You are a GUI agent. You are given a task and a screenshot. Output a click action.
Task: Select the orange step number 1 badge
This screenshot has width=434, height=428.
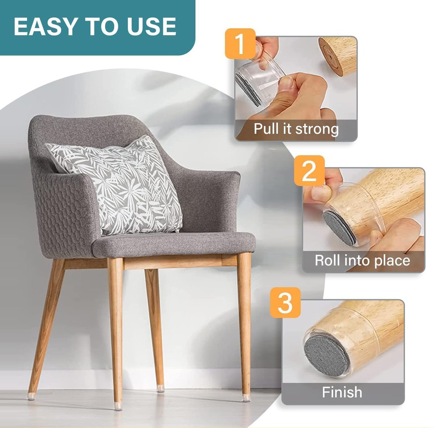[x=240, y=44]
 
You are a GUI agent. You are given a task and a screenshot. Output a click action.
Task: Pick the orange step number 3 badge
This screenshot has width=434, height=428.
[x=285, y=302]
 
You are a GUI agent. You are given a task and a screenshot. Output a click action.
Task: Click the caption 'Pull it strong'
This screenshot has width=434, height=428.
[x=296, y=129]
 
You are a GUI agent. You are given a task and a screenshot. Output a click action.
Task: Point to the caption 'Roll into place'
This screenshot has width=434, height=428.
[x=362, y=261]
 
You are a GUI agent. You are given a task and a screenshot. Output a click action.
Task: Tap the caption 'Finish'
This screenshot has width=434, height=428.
[x=342, y=392]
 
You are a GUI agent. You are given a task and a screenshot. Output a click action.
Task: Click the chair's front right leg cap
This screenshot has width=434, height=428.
[x=246, y=397]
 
